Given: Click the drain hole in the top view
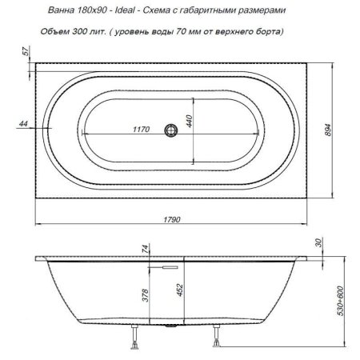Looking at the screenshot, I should tap(170, 129).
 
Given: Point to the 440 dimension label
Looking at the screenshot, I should tap(190, 121).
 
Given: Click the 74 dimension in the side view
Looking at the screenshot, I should tap(146, 249).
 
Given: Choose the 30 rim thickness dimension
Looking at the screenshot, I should tap(319, 244).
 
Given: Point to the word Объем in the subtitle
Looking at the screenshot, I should tap(56, 31).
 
